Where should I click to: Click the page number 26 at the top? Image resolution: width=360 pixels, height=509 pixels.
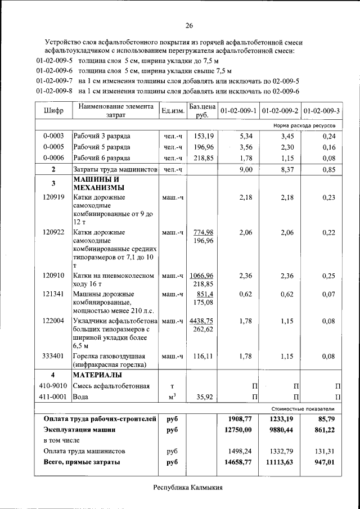pos(189,25)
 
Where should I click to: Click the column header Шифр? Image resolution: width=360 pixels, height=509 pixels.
pos(53,111)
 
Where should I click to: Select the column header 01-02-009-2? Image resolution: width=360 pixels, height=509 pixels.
pos(280,111)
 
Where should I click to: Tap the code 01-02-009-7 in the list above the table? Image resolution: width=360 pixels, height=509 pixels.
pos(55,81)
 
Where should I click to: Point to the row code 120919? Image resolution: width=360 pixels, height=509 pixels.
pos(53,197)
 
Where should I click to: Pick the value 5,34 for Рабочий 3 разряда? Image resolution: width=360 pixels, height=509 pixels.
pos(248,136)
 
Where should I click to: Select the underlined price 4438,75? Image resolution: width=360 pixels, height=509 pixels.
pos(201,321)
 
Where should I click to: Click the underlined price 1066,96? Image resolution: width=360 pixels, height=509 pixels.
pos(201,276)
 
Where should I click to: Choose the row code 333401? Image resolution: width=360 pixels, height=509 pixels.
pos(53,356)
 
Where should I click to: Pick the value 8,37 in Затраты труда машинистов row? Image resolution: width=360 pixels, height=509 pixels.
pos(287,169)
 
